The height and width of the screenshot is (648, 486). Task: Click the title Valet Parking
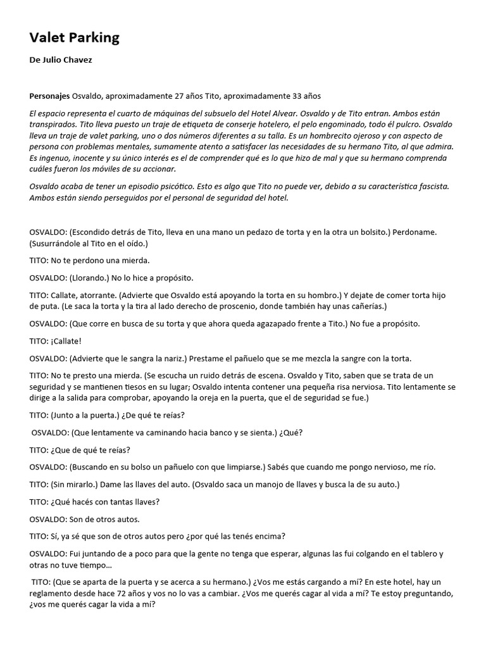pyautogui.click(x=74, y=38)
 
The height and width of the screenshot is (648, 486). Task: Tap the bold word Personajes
pyautogui.click(x=49, y=96)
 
